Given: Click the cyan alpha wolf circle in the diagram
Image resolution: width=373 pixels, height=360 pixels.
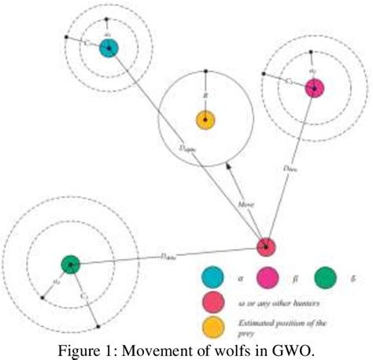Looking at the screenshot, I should click(x=109, y=48).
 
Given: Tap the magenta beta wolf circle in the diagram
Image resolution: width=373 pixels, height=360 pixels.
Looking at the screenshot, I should click(x=315, y=88).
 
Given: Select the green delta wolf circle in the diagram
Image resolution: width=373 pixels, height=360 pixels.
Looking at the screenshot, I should click(x=70, y=265).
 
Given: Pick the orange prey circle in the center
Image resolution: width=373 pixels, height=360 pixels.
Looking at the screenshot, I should click(x=205, y=121).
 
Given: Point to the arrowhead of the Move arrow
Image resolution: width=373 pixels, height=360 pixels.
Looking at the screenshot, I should click(x=227, y=165).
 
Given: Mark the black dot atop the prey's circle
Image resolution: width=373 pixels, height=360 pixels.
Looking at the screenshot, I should click(x=205, y=72).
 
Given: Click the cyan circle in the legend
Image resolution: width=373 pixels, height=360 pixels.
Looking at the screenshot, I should click(x=211, y=276).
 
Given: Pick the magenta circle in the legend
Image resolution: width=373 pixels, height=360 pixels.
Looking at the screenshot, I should click(x=278, y=276).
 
